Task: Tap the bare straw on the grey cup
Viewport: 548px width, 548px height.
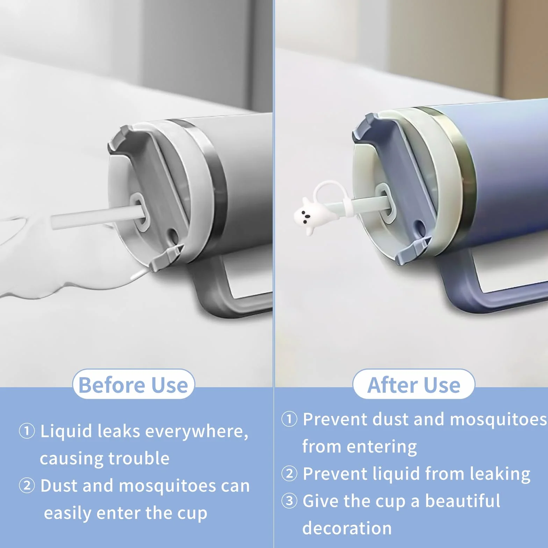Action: coord(98,217)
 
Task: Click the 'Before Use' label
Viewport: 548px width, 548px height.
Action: coord(134,385)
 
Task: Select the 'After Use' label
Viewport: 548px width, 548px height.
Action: coord(414,385)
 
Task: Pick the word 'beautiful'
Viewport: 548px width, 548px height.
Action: coord(463,501)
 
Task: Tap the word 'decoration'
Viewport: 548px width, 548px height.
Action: coord(347,528)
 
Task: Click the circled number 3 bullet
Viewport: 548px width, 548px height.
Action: coord(289,501)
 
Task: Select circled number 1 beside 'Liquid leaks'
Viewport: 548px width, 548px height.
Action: coord(27,431)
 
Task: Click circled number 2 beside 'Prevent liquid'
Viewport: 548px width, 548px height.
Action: coord(289,474)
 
